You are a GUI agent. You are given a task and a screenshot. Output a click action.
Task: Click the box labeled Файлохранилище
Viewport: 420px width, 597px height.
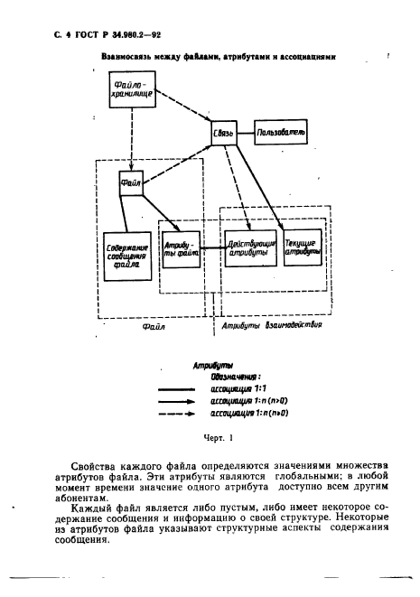tap(126, 90)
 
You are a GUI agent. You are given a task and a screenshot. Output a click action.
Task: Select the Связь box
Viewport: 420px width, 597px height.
tap(224, 134)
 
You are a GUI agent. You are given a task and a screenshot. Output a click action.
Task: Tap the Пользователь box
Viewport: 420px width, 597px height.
tap(282, 134)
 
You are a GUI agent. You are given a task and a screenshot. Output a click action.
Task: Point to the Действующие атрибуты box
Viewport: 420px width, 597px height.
tap(247, 247)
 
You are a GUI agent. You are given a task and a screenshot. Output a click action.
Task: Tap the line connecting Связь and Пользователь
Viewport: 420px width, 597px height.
tap(247, 133)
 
